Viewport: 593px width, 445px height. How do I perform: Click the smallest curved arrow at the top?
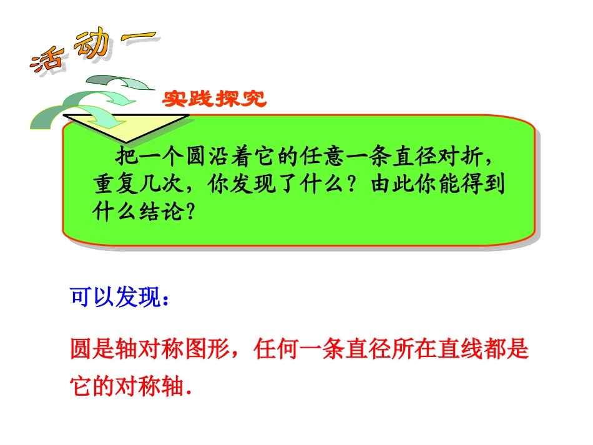[x=122, y=83]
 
